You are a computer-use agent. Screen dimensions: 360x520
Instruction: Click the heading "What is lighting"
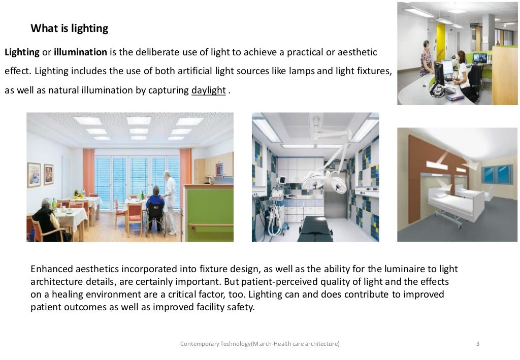[69, 28]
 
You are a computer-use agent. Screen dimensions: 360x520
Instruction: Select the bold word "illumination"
[80, 52]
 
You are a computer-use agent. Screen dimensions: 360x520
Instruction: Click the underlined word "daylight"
[208, 90]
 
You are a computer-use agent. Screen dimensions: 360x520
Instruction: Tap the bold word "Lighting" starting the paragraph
[22, 52]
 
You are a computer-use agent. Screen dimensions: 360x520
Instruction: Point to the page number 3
[477, 344]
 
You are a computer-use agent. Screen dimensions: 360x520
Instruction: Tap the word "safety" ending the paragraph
[239, 307]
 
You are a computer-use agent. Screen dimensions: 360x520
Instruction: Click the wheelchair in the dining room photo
[155, 221]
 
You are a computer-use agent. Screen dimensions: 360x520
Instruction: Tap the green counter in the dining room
[210, 213]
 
